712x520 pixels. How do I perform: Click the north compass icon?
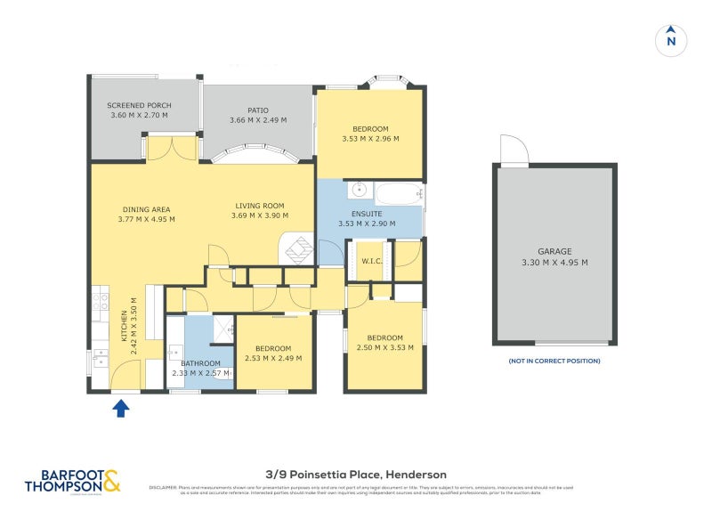point(671,40)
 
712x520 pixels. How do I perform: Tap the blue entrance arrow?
point(122,408)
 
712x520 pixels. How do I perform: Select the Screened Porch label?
point(139,105)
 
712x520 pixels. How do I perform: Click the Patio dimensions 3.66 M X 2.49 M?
point(258,121)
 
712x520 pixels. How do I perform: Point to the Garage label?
point(554,251)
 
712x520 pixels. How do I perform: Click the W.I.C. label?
point(370,260)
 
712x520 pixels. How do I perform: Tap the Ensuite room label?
point(366,214)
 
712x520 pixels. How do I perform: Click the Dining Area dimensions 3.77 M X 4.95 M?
point(147,219)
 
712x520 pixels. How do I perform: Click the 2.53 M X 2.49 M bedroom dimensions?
point(273,359)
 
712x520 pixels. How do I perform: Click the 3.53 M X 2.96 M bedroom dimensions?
point(370,139)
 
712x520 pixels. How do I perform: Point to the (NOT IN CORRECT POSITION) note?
point(554,361)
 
